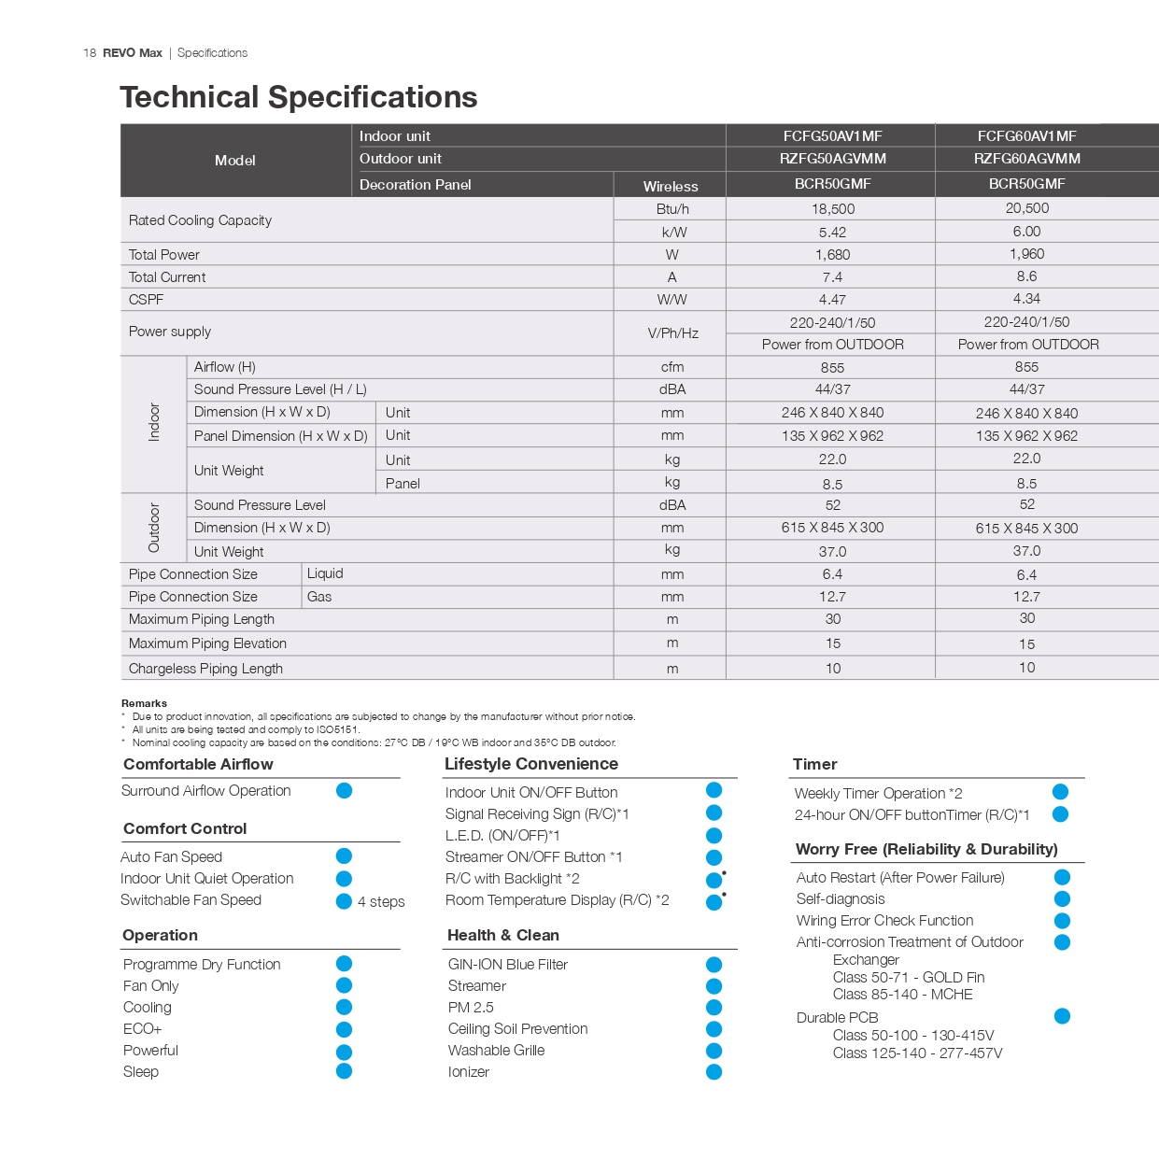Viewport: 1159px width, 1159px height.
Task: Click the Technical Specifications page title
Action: (x=298, y=97)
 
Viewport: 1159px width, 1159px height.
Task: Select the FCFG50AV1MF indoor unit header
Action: (x=832, y=136)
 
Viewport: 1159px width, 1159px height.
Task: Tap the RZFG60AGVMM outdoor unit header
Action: (x=1026, y=159)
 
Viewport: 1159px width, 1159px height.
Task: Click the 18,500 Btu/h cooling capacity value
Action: (x=832, y=209)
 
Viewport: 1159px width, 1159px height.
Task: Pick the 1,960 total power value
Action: (x=1026, y=254)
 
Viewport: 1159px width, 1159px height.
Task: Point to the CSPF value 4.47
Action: (x=832, y=300)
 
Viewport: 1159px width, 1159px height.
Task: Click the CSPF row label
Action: (x=147, y=300)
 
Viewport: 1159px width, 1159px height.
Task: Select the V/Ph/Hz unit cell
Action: (x=672, y=333)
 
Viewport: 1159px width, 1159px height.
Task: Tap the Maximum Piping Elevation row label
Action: (x=207, y=643)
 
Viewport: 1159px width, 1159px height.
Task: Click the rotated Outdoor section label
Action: (x=154, y=528)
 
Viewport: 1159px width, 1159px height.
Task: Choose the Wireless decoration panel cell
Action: (x=671, y=186)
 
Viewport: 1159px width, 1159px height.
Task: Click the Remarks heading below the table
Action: (x=144, y=703)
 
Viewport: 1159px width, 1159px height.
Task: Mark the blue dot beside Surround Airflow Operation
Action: (x=344, y=791)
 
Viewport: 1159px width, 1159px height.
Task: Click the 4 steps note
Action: (x=381, y=901)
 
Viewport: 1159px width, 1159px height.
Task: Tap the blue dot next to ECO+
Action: (x=344, y=1029)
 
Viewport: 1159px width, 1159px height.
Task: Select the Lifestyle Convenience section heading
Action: (x=530, y=764)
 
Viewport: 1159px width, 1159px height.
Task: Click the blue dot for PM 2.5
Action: (x=714, y=1008)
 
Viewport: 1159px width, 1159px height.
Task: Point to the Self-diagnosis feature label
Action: (x=841, y=899)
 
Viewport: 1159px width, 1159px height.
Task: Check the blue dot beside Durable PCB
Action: (x=1062, y=1016)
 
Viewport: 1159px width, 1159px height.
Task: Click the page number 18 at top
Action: (x=90, y=53)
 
